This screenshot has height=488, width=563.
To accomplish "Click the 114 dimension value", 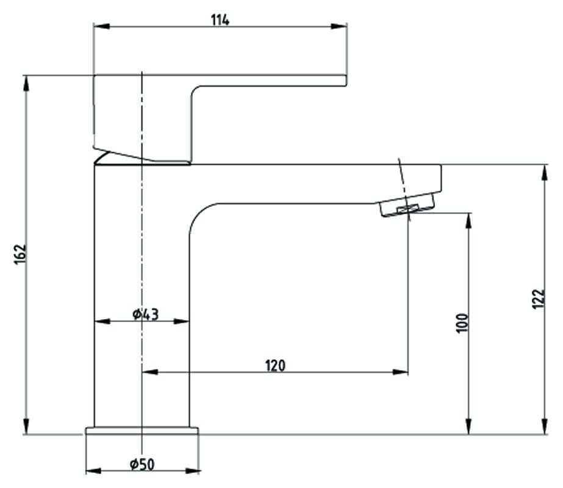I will [220, 20].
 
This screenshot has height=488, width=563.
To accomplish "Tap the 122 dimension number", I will [538, 299].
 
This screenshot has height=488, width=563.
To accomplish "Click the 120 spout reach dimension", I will [275, 365].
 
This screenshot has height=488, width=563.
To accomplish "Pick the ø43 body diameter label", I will [145, 314].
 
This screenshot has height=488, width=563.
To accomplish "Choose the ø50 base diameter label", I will [142, 464].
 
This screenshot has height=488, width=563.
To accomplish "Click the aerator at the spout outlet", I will [407, 206].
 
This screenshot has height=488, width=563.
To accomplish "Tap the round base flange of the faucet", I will [142, 431].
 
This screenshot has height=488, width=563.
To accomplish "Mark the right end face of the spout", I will [440, 178].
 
